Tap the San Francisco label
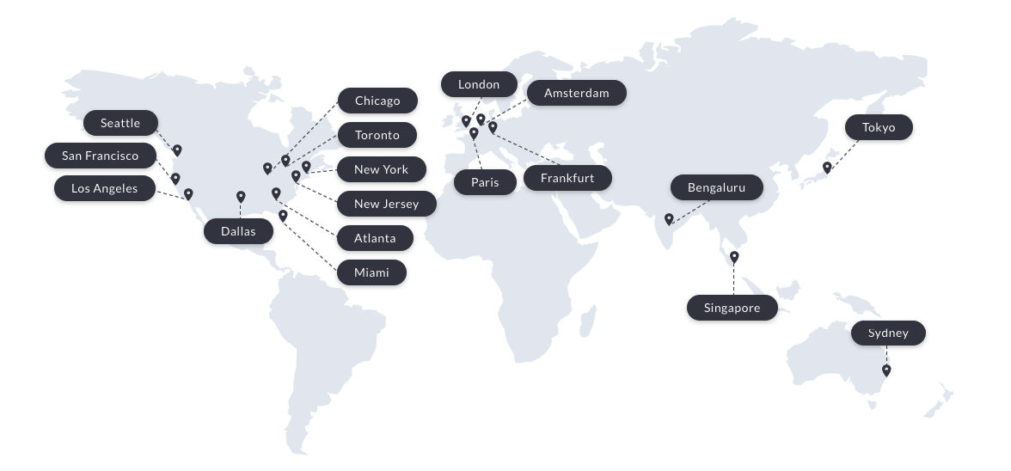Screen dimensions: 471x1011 click(101, 156)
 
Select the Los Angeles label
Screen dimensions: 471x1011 click(105, 188)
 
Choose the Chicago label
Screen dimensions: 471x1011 click(377, 101)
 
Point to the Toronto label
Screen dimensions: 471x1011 click(377, 135)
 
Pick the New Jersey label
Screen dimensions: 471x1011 click(386, 204)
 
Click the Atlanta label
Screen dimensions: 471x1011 click(375, 238)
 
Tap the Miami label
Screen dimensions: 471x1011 click(371, 272)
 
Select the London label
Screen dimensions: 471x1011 click(479, 84)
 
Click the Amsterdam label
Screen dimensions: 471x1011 click(576, 93)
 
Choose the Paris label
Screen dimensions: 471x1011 click(485, 182)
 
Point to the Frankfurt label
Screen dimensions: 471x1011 click(567, 178)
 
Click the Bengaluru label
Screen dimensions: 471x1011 click(716, 187)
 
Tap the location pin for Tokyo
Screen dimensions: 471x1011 click(827, 168)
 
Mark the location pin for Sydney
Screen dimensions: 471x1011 click(886, 370)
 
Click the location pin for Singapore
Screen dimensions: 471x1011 click(734, 256)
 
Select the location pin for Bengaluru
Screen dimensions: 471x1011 click(669, 219)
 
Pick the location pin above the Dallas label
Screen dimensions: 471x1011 click(241, 197)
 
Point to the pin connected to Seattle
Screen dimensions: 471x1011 click(177, 150)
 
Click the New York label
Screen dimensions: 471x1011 click(381, 169)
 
